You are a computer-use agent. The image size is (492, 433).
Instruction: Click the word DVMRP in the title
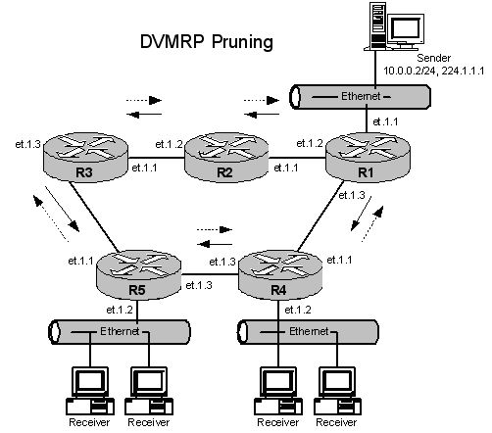point(172,41)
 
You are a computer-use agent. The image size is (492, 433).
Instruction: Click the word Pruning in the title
point(242,42)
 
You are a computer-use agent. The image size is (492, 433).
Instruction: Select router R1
point(368,157)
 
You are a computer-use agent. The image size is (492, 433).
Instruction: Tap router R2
point(226,157)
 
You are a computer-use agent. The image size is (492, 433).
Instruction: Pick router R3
point(85,157)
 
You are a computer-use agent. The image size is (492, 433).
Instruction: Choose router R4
point(280,274)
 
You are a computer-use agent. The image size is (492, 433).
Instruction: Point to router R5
point(139,274)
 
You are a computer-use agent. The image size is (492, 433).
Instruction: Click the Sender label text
point(433,58)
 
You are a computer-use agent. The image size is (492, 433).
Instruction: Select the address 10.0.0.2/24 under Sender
point(410,71)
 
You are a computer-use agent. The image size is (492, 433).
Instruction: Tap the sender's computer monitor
point(406,29)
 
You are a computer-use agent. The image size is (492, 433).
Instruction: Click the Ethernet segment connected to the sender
point(361,97)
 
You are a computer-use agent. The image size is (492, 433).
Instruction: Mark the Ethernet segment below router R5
point(120,332)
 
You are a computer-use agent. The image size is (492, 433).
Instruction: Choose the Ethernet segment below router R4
point(308,332)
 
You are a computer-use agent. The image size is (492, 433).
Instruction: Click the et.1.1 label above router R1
point(385,121)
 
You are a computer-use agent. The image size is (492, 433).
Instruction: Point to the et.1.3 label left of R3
point(27,144)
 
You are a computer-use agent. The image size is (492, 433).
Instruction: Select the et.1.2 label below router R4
point(298,310)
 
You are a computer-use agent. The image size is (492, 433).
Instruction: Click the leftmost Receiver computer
point(90,391)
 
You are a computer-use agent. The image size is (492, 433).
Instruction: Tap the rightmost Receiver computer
point(337,391)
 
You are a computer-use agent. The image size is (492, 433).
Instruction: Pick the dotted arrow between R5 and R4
point(215,229)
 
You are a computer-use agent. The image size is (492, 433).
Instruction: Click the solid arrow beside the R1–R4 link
point(362,214)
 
